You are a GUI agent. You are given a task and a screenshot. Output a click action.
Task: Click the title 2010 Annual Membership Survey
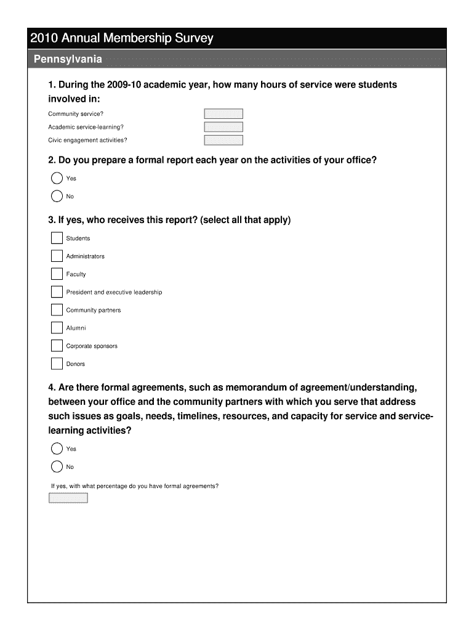[x=122, y=38]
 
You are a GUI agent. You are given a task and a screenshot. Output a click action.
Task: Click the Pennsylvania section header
[x=68, y=60]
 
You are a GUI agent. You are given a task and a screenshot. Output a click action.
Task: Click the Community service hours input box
[x=223, y=114]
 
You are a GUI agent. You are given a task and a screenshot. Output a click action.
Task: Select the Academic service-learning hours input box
[x=223, y=127]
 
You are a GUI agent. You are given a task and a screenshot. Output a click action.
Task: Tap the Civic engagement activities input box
[x=223, y=140]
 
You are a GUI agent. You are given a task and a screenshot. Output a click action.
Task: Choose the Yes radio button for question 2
[x=57, y=179]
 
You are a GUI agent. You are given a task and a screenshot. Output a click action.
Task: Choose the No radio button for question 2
[x=57, y=197]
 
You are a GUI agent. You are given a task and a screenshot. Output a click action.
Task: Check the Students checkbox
[x=57, y=238]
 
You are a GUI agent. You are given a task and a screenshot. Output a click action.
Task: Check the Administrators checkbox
[x=57, y=256]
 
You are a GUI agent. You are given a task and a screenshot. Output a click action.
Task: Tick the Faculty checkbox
[x=57, y=274]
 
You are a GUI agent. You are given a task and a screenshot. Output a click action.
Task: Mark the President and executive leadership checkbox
[x=57, y=292]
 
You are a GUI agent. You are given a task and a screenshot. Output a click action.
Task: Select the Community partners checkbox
[x=57, y=310]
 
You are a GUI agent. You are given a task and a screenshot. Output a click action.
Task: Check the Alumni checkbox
[x=57, y=328]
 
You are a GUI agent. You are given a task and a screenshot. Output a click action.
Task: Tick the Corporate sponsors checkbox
[x=57, y=346]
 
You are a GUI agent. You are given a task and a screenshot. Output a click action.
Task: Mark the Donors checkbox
[x=57, y=364]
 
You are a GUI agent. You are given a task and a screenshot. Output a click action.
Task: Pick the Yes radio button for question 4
[x=57, y=449]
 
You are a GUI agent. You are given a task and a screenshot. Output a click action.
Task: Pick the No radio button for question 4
[x=57, y=466]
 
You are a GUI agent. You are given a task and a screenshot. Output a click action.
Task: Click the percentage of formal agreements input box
[x=68, y=498]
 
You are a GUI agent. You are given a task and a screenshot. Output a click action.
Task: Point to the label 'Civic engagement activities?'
[x=87, y=140]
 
